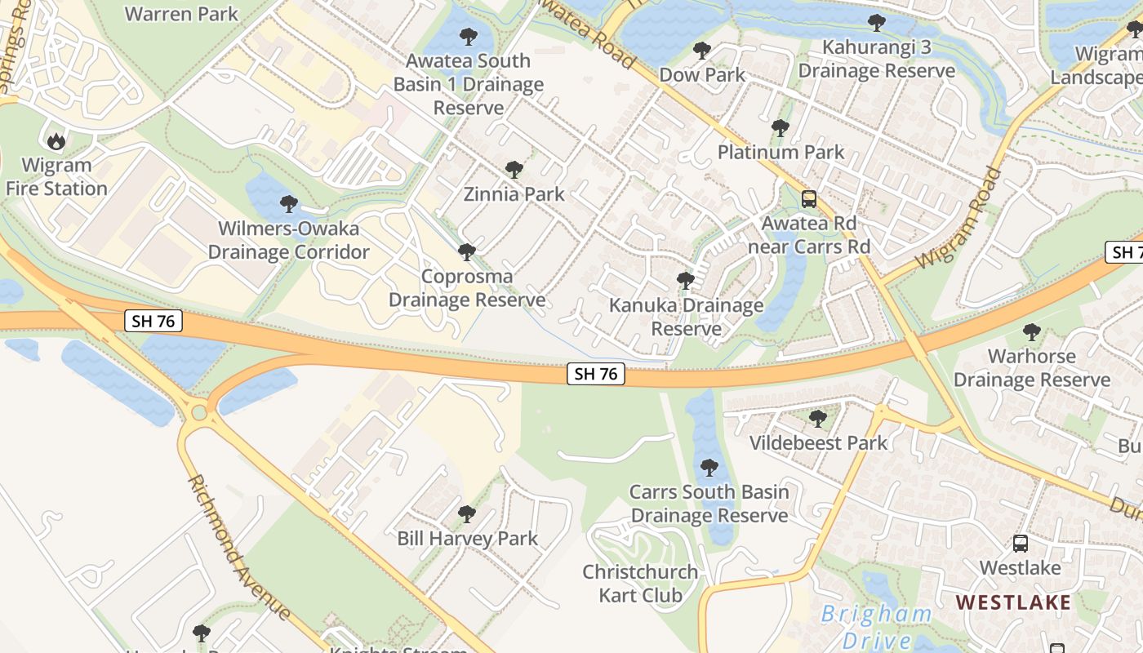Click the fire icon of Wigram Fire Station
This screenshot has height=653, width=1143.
[x=56, y=141]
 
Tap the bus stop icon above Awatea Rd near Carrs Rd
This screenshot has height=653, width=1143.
[x=808, y=198]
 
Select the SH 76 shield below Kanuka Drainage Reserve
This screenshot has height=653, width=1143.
[x=596, y=374]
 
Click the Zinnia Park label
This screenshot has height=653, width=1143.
[x=514, y=194]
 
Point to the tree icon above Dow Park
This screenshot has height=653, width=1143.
[x=701, y=51]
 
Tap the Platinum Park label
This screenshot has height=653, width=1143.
[x=781, y=152]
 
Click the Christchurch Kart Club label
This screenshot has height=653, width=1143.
[x=640, y=583]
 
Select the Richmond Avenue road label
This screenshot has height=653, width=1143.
[x=238, y=547]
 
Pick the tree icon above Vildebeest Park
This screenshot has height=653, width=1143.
[x=817, y=419]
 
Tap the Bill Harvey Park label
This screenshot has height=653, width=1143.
[x=467, y=539]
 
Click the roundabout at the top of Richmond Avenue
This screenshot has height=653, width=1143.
[x=198, y=412]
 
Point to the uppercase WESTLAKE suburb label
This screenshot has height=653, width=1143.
[x=1012, y=602]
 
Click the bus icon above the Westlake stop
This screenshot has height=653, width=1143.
[x=1020, y=543]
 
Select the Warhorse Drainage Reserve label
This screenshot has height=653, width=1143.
[x=1031, y=368]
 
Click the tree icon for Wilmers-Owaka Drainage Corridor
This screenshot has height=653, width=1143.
[x=288, y=204]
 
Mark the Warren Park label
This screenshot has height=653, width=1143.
[x=181, y=14]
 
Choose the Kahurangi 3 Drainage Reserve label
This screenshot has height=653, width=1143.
[x=876, y=59]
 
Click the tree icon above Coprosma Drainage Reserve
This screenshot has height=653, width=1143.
[x=466, y=252]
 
